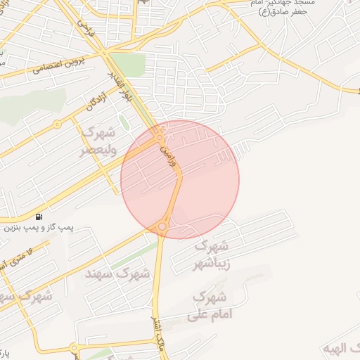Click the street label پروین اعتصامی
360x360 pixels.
pos(57,67)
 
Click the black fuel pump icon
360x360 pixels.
pos(38,216)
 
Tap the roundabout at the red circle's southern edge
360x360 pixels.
pos(162,226)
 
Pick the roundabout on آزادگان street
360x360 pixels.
pos(57,124)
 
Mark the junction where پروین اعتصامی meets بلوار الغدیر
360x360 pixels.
pos(105,52)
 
